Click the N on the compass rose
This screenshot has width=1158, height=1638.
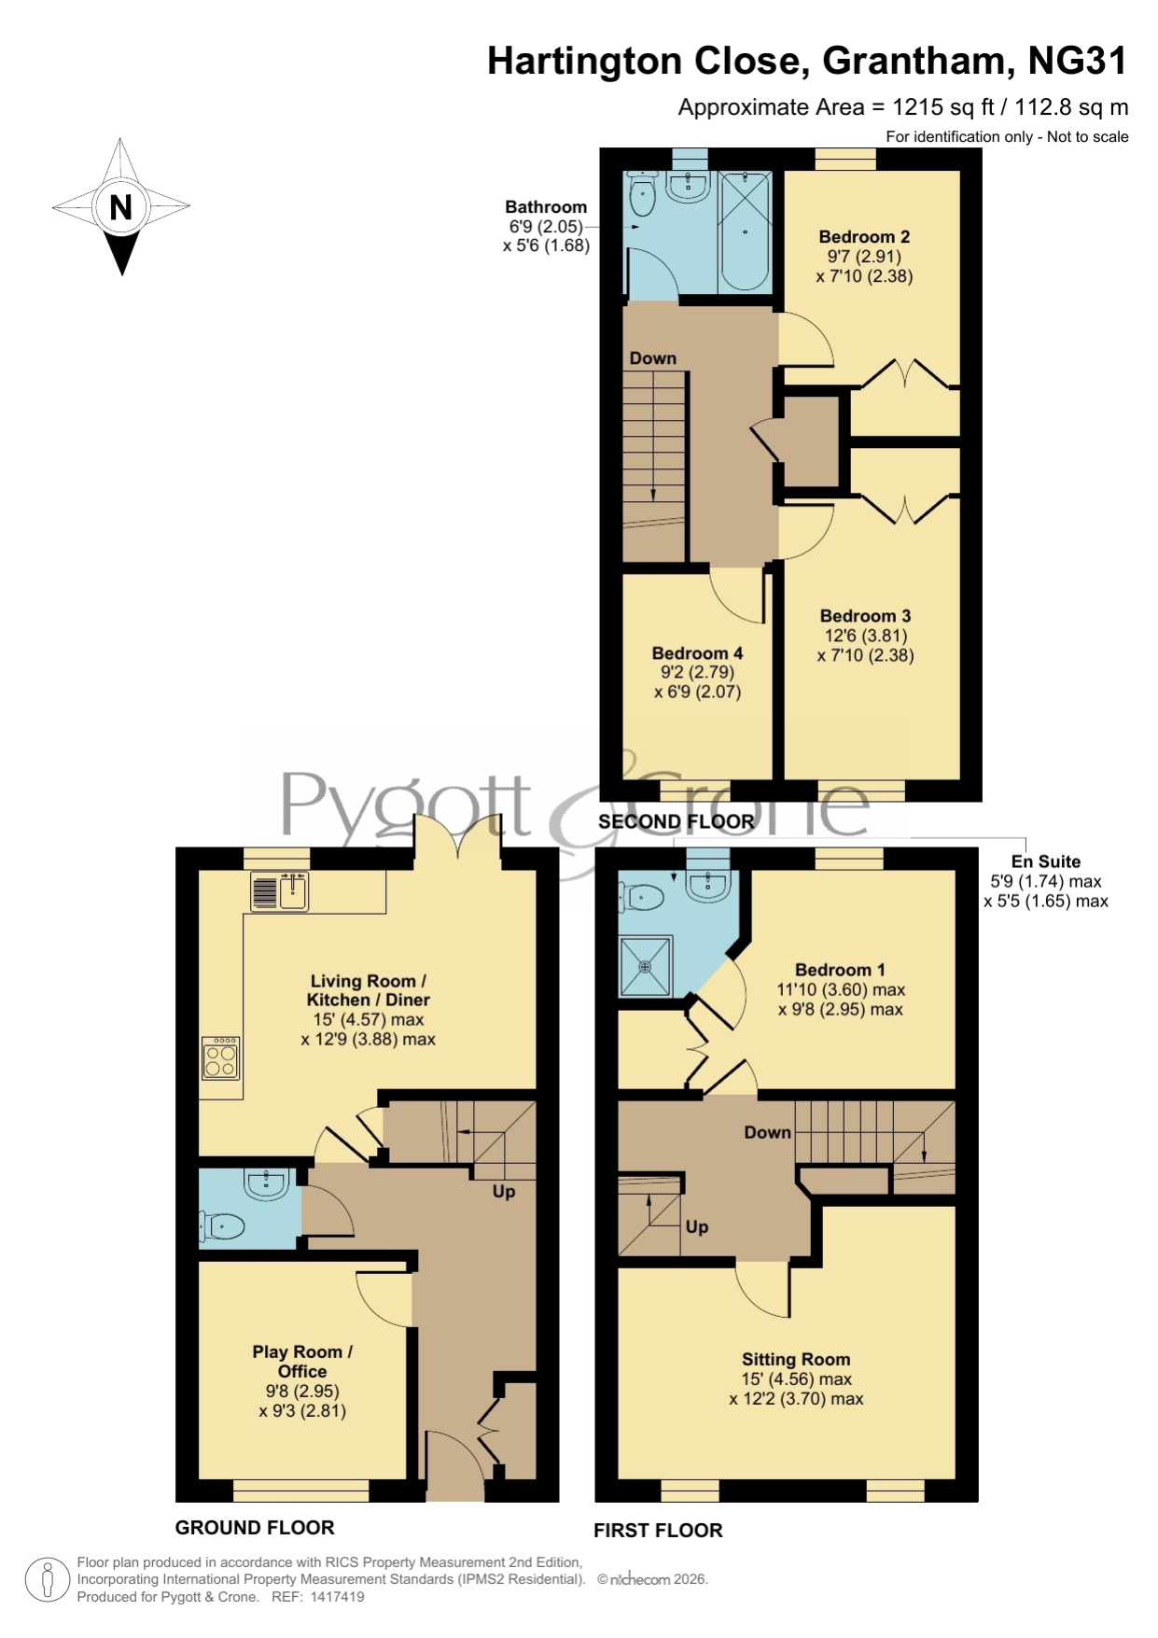point(120,207)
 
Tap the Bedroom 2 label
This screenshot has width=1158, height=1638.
point(864,237)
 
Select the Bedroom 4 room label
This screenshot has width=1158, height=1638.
point(697,653)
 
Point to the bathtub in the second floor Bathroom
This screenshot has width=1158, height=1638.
point(745,231)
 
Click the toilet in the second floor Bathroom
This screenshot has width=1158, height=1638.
point(643,192)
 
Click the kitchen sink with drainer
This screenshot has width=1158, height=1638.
point(280,891)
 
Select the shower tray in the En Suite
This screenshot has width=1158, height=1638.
point(645,967)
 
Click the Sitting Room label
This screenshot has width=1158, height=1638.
point(796,1360)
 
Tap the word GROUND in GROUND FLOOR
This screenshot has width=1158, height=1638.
point(212,1528)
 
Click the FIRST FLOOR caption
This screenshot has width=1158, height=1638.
point(658,1531)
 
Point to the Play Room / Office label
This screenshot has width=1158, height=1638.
point(302,1362)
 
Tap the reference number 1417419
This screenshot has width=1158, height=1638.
point(337,1597)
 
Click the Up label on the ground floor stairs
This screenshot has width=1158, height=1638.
point(504,1192)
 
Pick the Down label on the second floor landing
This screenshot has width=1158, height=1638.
point(652,358)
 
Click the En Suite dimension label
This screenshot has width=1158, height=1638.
point(1046,881)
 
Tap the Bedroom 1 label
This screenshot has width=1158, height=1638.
point(840,970)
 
